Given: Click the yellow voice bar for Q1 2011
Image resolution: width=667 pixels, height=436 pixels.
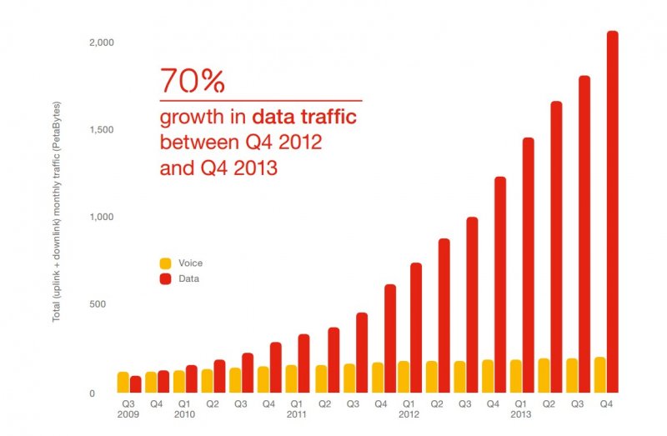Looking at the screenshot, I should point(291,378).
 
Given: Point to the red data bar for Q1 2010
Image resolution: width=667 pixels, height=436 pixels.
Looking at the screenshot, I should point(192,378).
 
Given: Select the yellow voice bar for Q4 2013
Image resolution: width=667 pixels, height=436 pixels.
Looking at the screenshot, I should point(599,374).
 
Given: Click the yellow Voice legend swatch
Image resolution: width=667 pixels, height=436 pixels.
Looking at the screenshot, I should point(164,263).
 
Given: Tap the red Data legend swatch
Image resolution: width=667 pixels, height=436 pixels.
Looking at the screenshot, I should point(164,278).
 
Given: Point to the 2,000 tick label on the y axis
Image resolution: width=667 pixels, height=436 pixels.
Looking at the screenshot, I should point(101,42).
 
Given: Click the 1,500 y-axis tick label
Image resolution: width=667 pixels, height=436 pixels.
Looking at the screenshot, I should point(101,130).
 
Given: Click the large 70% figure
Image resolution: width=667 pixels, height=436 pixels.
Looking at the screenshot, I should point(193,82).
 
